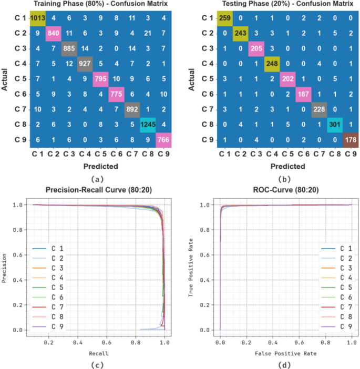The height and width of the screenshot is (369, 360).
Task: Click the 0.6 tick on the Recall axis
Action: pos(107,342)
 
